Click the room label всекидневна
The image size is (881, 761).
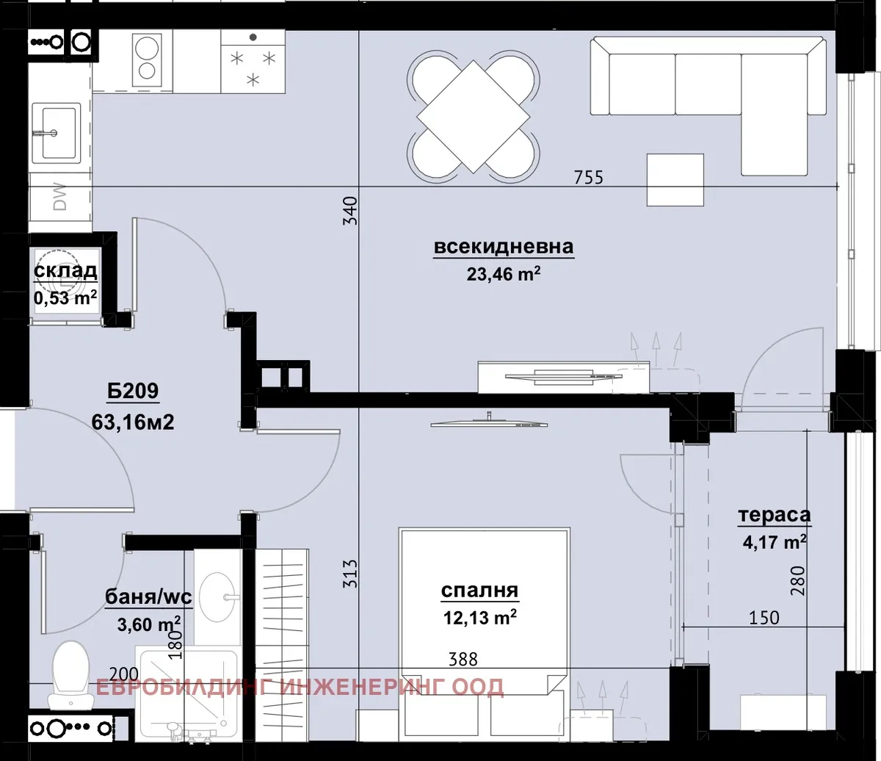[x=504, y=248]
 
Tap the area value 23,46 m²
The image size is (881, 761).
[x=504, y=273]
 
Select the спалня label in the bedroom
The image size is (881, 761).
[x=479, y=591]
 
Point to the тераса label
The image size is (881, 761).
[x=775, y=515]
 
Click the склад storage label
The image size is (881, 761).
[x=65, y=271]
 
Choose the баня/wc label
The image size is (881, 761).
[x=149, y=596]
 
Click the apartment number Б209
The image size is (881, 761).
[x=133, y=390]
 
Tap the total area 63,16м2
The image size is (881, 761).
[x=133, y=422]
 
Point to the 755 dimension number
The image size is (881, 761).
[x=589, y=177]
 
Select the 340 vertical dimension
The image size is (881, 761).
[x=350, y=210]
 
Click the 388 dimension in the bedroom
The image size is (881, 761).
[x=463, y=660]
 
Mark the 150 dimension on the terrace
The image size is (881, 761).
[x=764, y=618]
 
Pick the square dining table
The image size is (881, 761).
[x=473, y=116]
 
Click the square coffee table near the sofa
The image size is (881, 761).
[x=675, y=179]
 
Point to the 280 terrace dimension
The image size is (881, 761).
[x=797, y=580]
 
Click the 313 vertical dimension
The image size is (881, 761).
[x=350, y=574]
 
